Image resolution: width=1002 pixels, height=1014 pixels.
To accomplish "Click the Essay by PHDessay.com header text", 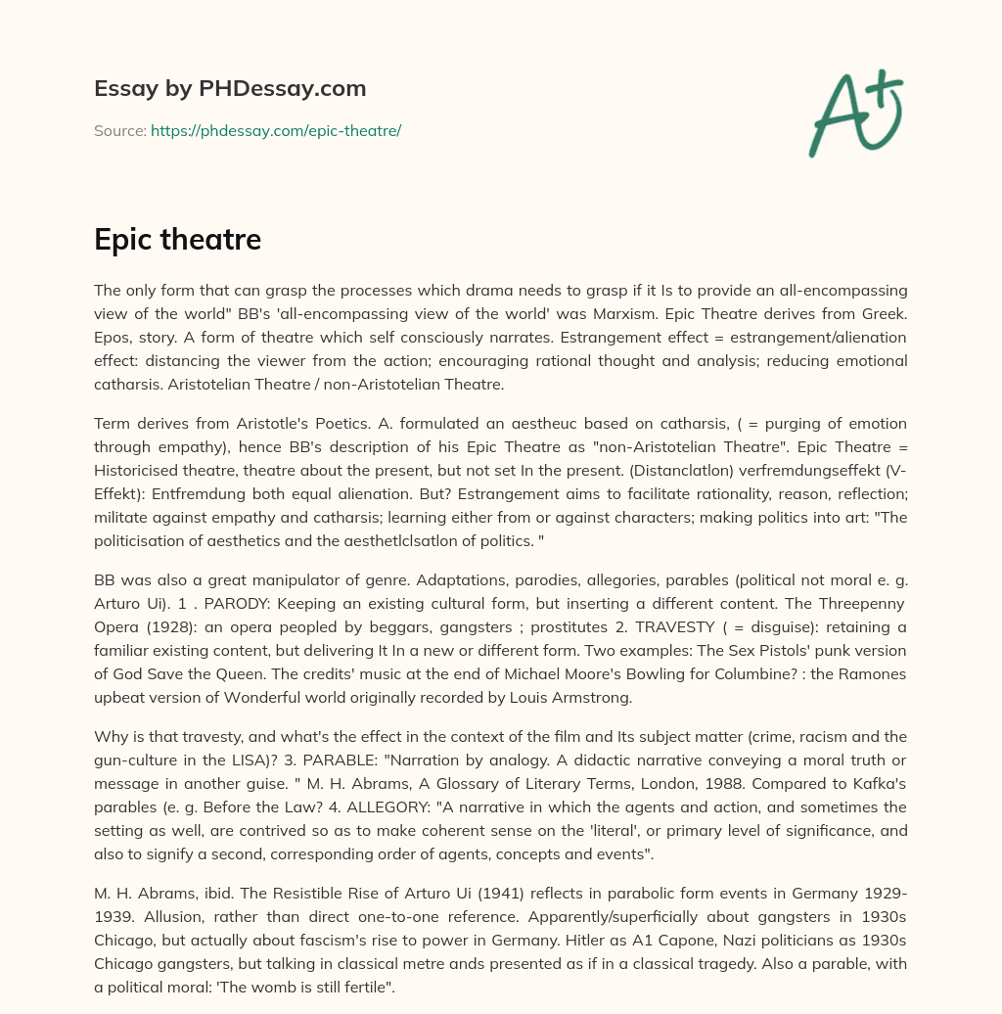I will point(230,88).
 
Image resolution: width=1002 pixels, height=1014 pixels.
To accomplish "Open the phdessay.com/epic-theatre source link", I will point(276,130).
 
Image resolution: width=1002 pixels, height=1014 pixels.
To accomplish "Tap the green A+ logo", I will point(854,114).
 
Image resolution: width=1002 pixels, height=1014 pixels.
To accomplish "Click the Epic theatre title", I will point(177,240).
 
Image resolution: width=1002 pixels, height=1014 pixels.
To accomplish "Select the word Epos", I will point(115,337).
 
